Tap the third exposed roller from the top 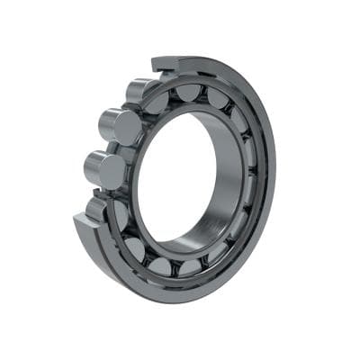[x=103, y=168]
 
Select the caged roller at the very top [x=189, y=93]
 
